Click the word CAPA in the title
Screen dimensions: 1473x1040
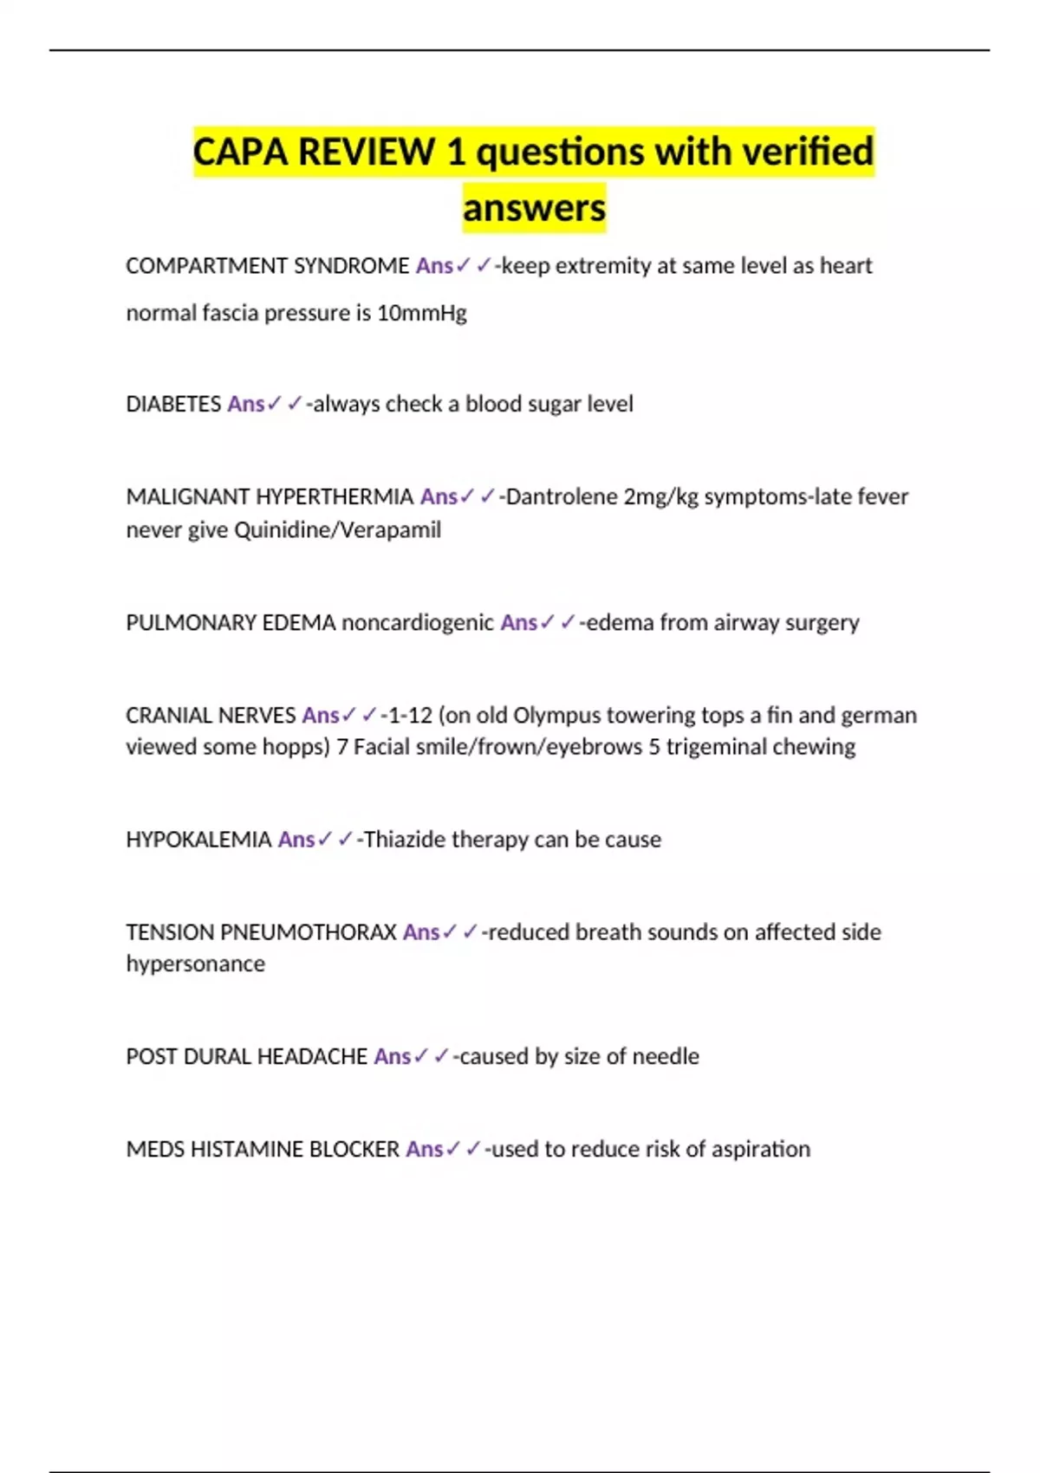240,152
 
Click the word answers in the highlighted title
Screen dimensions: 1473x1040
534,208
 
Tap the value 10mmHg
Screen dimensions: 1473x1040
421,313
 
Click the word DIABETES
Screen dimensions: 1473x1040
173,405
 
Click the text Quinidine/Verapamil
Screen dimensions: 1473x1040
337,529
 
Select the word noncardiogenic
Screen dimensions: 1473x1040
418,623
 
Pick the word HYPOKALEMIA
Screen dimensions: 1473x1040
198,840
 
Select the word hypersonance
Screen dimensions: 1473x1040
196,964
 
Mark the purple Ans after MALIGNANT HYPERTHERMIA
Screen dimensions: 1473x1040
439,497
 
